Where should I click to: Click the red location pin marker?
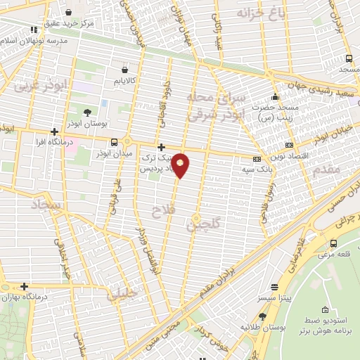[181, 165]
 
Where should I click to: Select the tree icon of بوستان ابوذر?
[87, 112]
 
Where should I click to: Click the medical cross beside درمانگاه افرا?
[54, 131]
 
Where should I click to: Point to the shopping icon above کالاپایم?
[125, 70]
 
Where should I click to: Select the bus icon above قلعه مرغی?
[333, 245]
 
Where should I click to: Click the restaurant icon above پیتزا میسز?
[274, 286]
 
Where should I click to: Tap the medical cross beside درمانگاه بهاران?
[24, 286]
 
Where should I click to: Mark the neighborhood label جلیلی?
[121, 295]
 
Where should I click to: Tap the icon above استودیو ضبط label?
[324, 310]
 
